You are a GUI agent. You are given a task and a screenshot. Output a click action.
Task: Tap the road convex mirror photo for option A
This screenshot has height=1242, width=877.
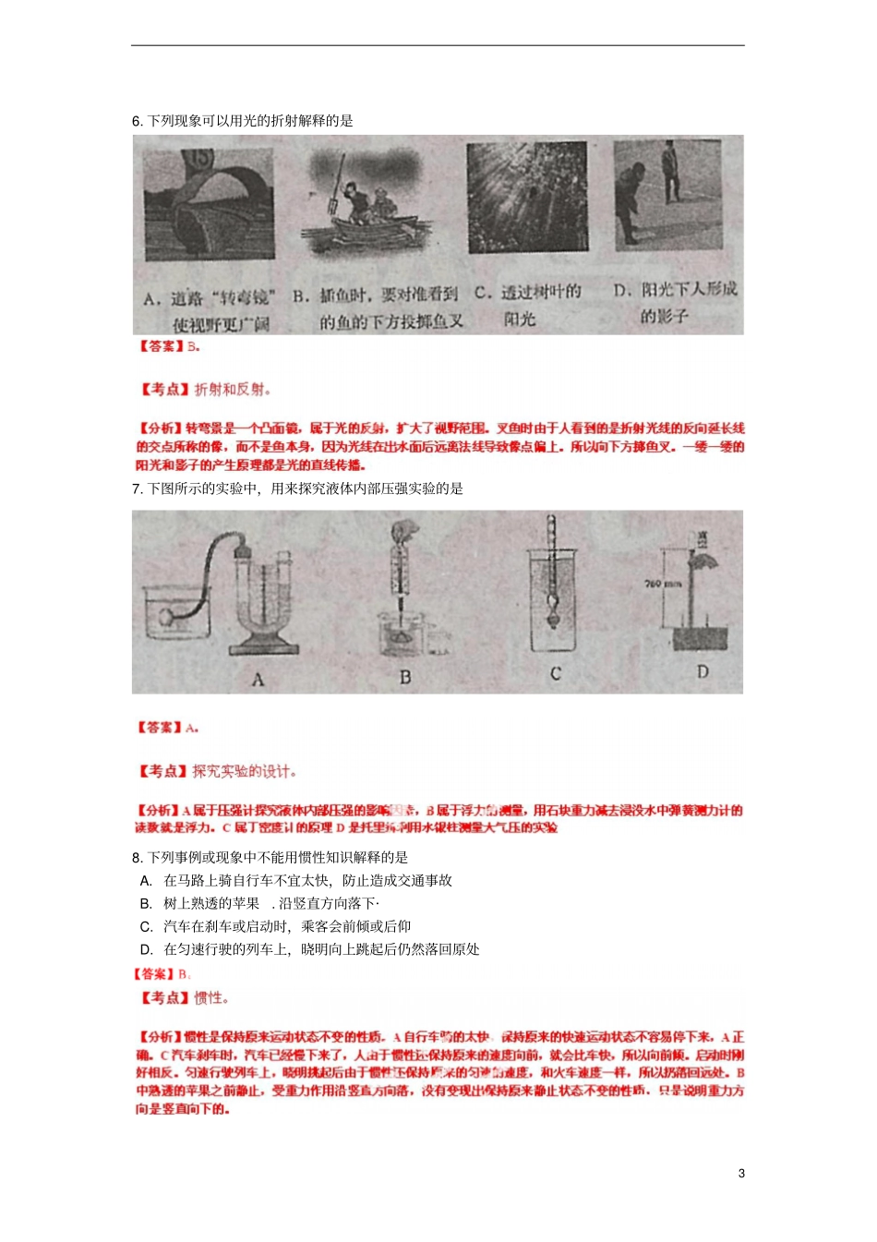(x=210, y=205)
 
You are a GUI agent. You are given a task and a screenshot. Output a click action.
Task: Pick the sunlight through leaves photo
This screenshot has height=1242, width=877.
(x=527, y=198)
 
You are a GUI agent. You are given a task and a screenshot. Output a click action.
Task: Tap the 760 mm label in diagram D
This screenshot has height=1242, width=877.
(x=662, y=584)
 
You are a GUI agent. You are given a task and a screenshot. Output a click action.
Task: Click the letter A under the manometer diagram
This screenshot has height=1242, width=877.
(x=258, y=680)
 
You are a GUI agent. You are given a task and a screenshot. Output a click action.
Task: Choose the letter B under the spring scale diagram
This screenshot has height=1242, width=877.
(x=404, y=678)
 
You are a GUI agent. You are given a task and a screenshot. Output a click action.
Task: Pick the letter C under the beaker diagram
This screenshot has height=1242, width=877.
(x=556, y=674)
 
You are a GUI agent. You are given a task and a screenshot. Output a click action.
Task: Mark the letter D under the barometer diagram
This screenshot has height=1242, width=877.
(x=703, y=672)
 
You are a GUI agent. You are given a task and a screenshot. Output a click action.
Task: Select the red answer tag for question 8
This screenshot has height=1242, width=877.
(x=154, y=974)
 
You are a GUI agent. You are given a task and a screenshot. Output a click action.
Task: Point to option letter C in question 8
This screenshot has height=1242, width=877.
(x=146, y=926)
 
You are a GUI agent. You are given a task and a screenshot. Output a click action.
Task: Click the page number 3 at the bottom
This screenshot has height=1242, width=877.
(x=741, y=1174)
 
